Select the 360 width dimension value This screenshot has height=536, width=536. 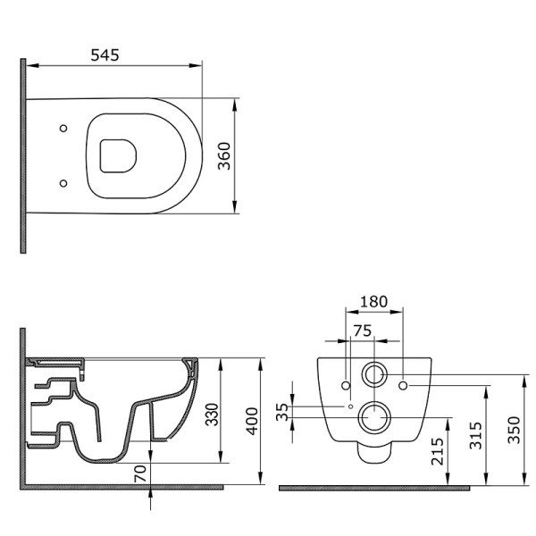(x=225, y=156)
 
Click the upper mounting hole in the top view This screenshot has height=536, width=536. (x=63, y=130)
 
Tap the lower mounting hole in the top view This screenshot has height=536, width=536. (x=63, y=184)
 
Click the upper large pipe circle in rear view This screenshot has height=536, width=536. (x=374, y=373)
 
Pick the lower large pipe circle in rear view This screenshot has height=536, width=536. (x=374, y=415)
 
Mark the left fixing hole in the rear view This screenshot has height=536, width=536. (x=345, y=385)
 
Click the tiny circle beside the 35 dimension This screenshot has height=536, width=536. (x=351, y=406)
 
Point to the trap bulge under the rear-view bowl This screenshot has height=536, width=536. (x=374, y=451)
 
